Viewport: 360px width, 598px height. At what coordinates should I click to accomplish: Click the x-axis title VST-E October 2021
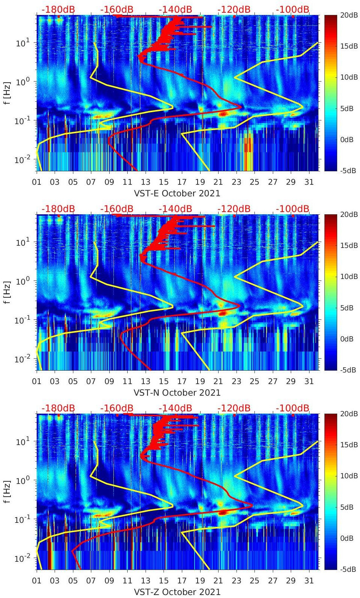point(177,193)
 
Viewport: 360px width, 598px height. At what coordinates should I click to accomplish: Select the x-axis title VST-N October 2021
point(177,393)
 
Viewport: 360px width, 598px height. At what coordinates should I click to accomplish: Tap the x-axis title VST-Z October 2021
point(177,592)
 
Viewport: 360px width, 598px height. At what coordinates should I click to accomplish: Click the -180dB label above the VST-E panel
point(58,9)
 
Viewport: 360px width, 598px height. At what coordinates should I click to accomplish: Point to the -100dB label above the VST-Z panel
point(293,408)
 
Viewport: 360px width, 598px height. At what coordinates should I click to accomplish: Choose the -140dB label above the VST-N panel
point(175,209)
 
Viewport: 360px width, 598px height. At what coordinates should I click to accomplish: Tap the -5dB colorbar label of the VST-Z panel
point(348,569)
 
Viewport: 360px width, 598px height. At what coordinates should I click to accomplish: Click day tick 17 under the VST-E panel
point(182,182)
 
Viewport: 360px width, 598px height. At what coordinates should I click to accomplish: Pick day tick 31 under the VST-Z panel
point(309,581)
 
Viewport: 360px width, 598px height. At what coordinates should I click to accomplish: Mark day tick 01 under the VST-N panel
point(37,381)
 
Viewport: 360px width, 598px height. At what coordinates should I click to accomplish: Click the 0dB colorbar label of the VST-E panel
point(348,139)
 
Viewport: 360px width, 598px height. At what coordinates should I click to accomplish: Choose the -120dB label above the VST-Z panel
point(234,408)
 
